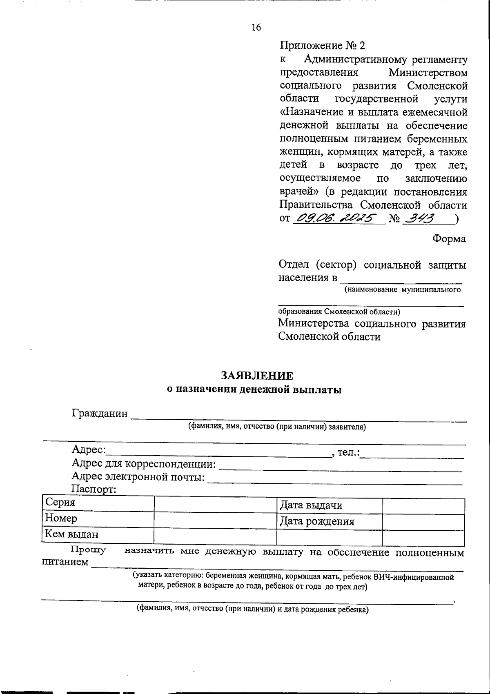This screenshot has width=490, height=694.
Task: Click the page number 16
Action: (x=256, y=28)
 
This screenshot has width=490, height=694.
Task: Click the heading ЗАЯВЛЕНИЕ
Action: (x=257, y=376)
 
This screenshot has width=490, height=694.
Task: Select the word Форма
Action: (x=449, y=239)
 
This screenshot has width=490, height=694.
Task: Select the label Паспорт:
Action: (x=94, y=489)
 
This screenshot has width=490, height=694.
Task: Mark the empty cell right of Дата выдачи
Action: (x=423, y=506)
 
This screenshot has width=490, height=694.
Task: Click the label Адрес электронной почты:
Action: (x=138, y=476)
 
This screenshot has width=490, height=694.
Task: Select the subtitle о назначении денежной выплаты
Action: (x=254, y=389)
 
